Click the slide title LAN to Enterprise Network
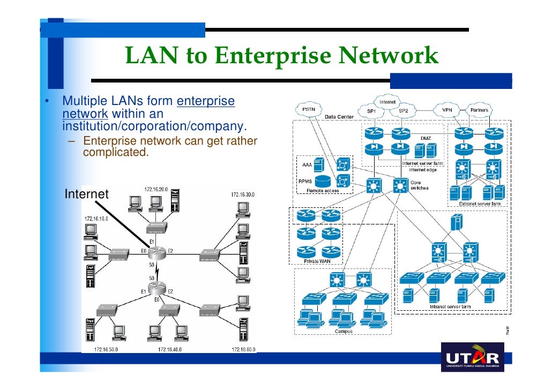[281, 56]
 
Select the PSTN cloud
[309, 110]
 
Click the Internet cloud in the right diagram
[387, 102]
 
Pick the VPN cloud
[446, 110]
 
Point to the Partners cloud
[479, 110]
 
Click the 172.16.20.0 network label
[155, 189]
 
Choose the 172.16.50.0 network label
[107, 349]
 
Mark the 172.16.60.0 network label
[243, 349]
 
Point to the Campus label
[344, 331]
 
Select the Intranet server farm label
[450, 307]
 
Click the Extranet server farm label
[479, 204]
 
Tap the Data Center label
[339, 117]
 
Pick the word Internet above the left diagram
[86, 194]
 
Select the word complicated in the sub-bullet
[115, 152]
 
